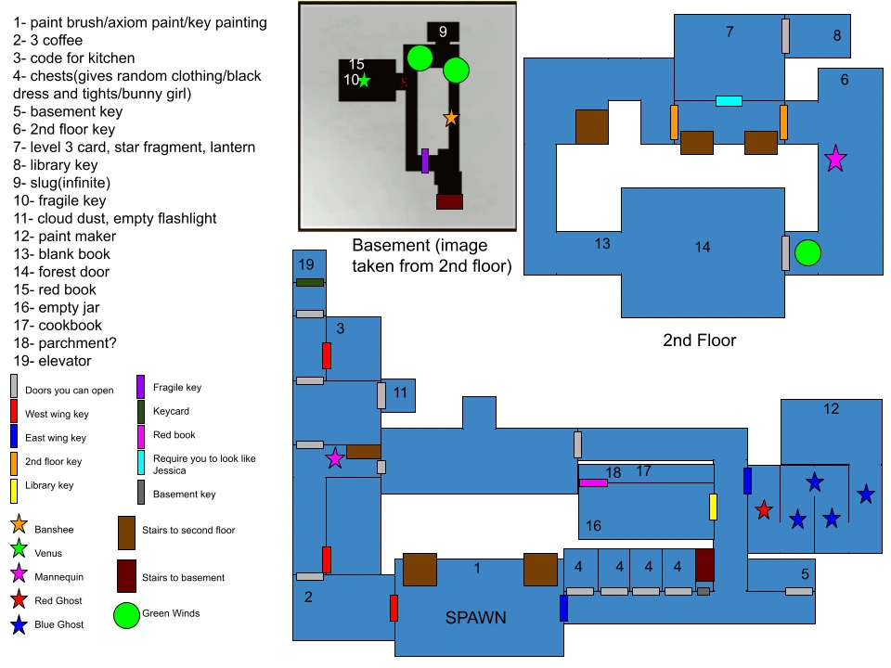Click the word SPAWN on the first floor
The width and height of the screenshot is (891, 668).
click(x=475, y=617)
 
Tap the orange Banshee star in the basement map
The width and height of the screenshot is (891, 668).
click(x=451, y=118)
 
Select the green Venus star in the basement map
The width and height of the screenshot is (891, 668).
click(x=364, y=81)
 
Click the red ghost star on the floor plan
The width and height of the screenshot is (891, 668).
click(x=763, y=509)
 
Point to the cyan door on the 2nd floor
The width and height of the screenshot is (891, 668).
click(x=729, y=101)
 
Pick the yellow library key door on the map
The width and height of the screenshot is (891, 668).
click(x=714, y=507)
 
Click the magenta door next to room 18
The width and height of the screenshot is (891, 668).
click(x=593, y=482)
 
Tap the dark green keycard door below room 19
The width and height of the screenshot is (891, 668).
click(x=310, y=282)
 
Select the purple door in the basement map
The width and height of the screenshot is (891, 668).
click(x=425, y=161)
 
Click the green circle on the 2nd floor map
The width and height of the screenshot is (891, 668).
click(x=807, y=252)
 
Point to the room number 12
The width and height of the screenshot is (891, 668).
click(x=831, y=408)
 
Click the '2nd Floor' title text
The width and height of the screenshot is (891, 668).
click(x=700, y=340)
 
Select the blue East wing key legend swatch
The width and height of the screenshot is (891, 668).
click(x=14, y=436)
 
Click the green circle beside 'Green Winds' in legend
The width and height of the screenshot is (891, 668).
click(x=126, y=614)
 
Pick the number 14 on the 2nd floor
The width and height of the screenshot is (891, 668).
click(x=702, y=247)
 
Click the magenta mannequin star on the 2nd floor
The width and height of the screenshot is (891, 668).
click(x=835, y=159)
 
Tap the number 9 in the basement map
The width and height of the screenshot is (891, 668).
click(x=443, y=32)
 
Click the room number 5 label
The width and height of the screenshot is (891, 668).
click(x=805, y=573)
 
